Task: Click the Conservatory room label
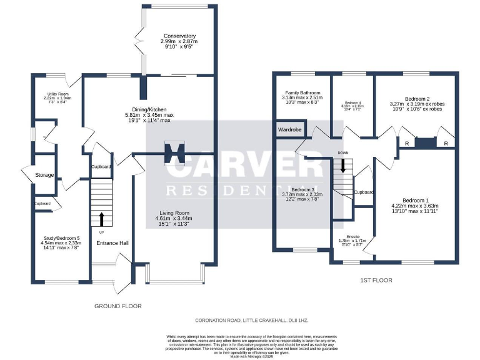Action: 179,36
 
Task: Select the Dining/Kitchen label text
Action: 148,109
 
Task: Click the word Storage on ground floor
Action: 44,175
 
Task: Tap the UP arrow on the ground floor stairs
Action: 101,219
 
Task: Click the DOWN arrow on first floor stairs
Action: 342,167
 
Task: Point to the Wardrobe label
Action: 290,130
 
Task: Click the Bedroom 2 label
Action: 417,99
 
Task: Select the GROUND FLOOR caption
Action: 117,306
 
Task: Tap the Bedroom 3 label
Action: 302,189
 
